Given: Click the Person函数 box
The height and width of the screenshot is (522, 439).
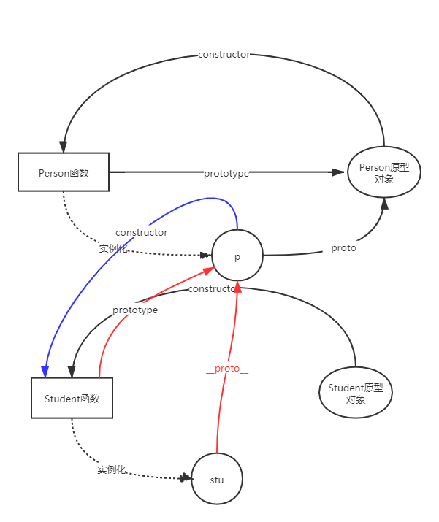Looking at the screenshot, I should tap(64, 173).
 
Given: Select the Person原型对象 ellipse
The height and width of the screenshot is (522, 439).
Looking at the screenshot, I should tap(383, 173).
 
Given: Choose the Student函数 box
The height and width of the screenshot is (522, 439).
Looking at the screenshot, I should tap(72, 399).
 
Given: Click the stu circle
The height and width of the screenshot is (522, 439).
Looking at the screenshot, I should tap(216, 480).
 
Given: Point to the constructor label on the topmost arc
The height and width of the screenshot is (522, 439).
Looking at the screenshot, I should tap(224, 55).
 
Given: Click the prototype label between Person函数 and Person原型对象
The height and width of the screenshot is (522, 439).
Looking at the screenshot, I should tap(226, 173).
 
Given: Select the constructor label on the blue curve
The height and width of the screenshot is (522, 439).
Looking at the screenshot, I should tap(142, 232).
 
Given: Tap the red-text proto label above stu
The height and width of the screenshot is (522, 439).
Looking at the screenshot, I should tap(227, 368).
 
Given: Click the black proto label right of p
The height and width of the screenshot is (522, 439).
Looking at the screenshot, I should tap(343, 247).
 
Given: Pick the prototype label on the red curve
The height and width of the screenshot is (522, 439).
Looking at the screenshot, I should tap(135, 310).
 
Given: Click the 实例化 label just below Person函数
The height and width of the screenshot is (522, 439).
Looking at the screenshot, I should tap(113, 248).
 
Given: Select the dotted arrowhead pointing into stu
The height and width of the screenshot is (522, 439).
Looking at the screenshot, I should tap(186, 478).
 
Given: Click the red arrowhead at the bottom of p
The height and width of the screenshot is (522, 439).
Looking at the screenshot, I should tap(237, 285).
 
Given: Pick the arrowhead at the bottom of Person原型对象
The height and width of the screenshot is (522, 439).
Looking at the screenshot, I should tap(384, 201).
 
